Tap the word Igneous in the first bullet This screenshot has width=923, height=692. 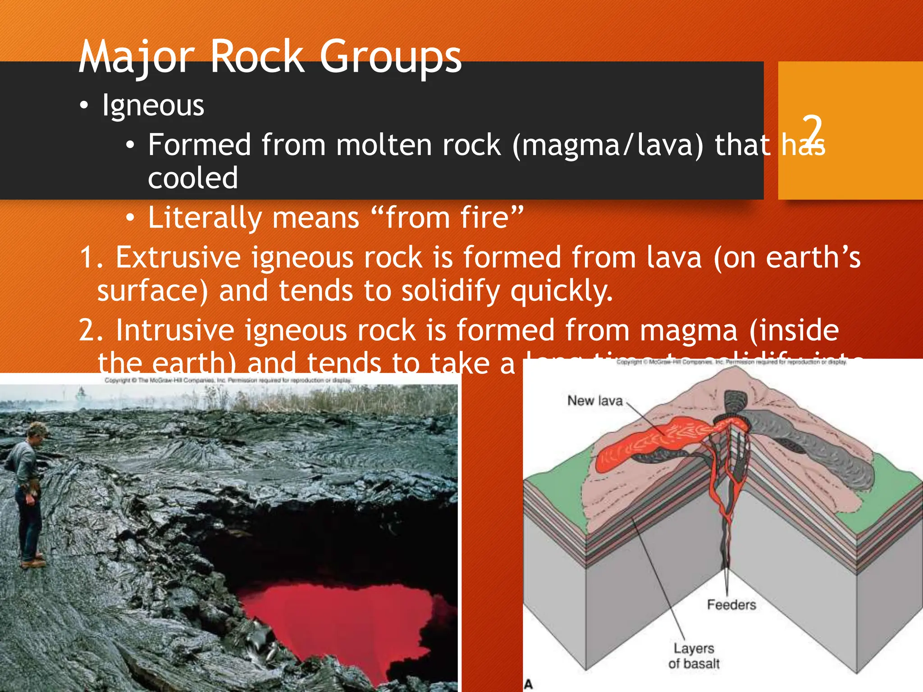(x=153, y=105)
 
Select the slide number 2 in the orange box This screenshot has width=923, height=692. (x=812, y=131)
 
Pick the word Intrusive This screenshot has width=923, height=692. (x=175, y=330)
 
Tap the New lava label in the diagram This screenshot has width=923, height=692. (x=594, y=401)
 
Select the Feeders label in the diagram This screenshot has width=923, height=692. (x=731, y=605)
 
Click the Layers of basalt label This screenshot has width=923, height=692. (x=694, y=656)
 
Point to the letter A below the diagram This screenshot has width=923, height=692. (x=529, y=684)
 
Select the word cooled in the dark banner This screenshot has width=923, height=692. (x=193, y=178)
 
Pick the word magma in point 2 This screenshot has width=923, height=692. (x=688, y=330)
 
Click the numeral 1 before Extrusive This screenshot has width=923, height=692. (x=87, y=257)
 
